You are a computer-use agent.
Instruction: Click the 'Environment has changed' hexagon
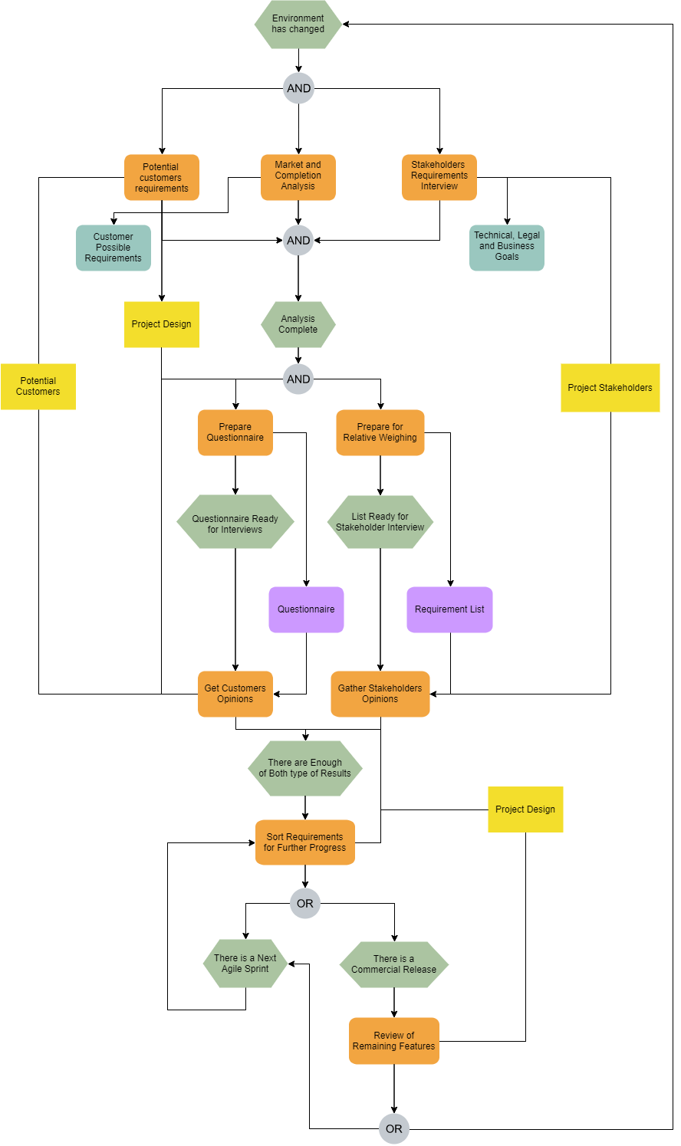(x=298, y=25)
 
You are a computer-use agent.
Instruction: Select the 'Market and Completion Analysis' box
(x=298, y=177)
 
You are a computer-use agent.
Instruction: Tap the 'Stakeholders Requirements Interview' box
(x=439, y=177)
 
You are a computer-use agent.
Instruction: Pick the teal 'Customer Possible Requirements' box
(x=113, y=248)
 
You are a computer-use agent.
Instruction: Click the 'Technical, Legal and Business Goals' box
(x=507, y=247)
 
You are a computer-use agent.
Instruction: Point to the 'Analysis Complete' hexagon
(x=298, y=324)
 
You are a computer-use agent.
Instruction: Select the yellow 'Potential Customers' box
(x=38, y=386)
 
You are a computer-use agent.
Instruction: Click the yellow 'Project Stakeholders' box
(x=610, y=388)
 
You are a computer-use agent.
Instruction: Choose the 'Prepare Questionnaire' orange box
(x=235, y=432)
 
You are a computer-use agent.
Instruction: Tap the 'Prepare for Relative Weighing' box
(x=380, y=432)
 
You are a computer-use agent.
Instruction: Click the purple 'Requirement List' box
(x=449, y=609)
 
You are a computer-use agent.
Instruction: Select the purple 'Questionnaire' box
(x=306, y=609)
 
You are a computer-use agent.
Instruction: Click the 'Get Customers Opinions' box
(x=235, y=694)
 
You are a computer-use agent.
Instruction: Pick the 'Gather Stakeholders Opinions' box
(x=380, y=694)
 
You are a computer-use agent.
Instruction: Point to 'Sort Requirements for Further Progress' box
(x=305, y=842)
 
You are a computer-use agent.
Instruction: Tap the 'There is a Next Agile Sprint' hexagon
(x=245, y=964)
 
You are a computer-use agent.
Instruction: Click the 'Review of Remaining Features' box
(x=394, y=1041)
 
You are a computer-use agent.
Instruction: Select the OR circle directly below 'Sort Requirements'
(x=305, y=903)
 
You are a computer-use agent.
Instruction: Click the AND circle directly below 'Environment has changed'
(x=298, y=88)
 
